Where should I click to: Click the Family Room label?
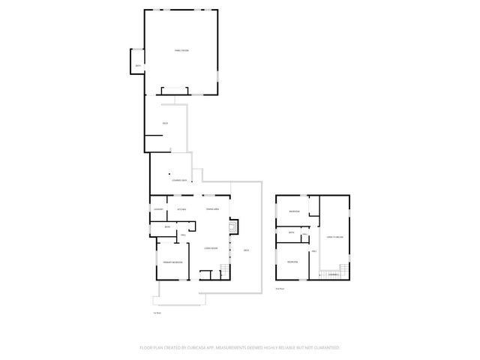[181, 49]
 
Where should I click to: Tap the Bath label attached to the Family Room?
[138, 67]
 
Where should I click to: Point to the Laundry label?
[159, 209]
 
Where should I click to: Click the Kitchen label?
[181, 209]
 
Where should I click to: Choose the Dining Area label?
[212, 209]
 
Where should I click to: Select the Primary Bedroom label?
[173, 262]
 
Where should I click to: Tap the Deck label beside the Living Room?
[246, 250]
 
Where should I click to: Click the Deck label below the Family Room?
[165, 123]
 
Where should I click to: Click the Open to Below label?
[334, 237]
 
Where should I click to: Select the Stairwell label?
[333, 275]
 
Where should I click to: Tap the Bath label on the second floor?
[292, 233]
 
